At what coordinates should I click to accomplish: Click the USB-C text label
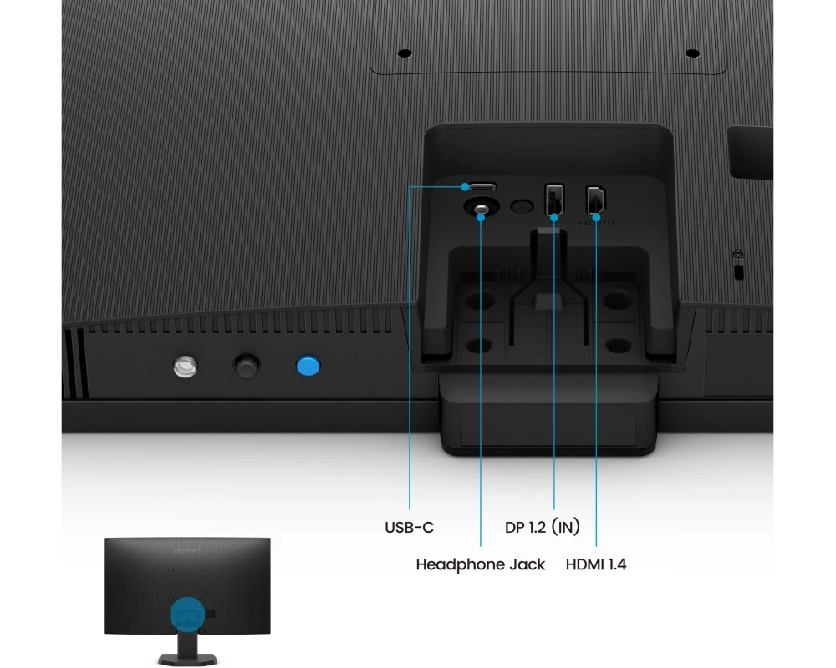pyautogui.click(x=409, y=528)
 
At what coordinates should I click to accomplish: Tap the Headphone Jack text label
pyautogui.click(x=480, y=564)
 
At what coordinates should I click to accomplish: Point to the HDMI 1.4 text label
pyautogui.click(x=596, y=564)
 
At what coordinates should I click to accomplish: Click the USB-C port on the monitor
pyautogui.click(x=481, y=185)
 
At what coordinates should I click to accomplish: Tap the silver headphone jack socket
pyautogui.click(x=482, y=209)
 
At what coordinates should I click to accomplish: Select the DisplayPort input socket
pyautogui.click(x=555, y=199)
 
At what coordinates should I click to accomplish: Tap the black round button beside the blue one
pyautogui.click(x=246, y=365)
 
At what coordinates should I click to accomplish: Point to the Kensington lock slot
pyautogui.click(x=738, y=272)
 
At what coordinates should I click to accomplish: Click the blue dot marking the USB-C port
pyautogui.click(x=465, y=186)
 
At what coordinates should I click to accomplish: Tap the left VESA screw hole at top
pyautogui.click(x=405, y=53)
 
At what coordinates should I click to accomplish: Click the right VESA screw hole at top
pyautogui.click(x=691, y=53)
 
